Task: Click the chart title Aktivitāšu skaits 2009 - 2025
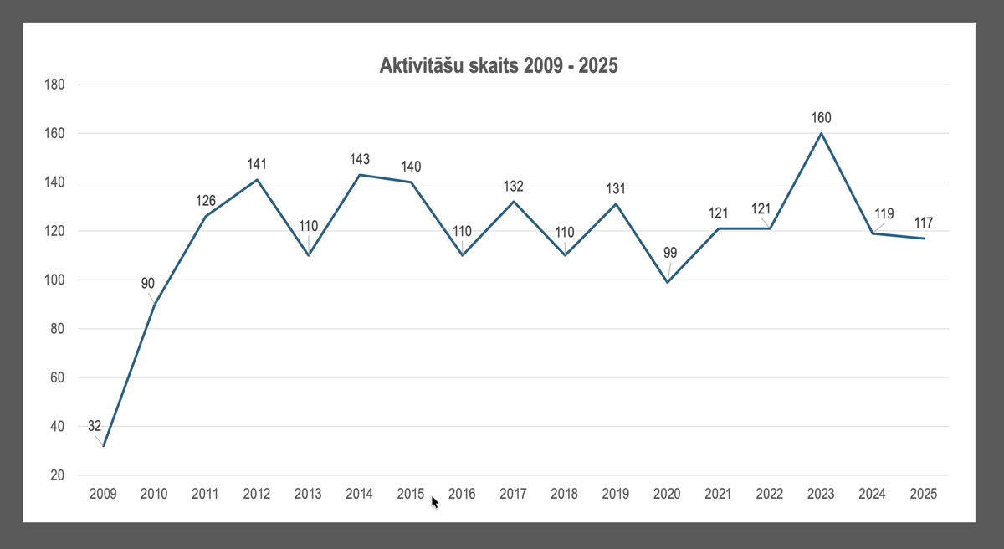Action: tap(499, 65)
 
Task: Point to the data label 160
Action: tap(821, 117)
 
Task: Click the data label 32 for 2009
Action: tap(95, 426)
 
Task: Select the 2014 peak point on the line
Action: tap(359, 175)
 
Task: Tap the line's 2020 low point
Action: tap(667, 282)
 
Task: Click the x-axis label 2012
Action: tap(256, 494)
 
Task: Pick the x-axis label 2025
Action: tap(924, 494)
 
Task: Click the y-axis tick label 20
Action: tap(58, 475)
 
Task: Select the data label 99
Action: tap(669, 253)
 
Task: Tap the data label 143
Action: tap(359, 159)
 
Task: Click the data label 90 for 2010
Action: tap(147, 284)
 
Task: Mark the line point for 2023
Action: tap(821, 133)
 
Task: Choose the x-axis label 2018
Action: tap(564, 494)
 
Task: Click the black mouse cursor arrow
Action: tap(434, 501)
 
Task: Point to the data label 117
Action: tap(923, 223)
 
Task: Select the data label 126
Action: tap(206, 200)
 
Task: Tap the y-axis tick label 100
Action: tap(54, 280)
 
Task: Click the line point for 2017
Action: tap(513, 202)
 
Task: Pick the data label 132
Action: tap(513, 186)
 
